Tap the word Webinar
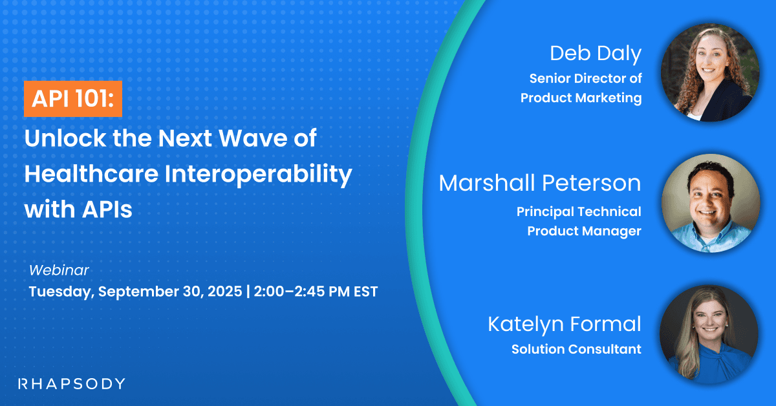tap(59, 270)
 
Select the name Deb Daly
tap(595, 54)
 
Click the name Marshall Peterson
tap(539, 183)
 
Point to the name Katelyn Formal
tap(565, 324)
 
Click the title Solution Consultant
tap(576, 349)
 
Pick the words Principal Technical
tap(579, 211)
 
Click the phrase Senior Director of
tap(585, 79)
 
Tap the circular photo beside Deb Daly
tap(709, 73)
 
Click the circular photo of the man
tap(709, 203)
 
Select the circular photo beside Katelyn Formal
tap(709, 335)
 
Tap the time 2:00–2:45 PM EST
tap(317, 292)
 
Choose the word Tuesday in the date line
tap(61, 292)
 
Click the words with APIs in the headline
tap(78, 209)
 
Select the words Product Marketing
tap(581, 98)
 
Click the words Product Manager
tap(584, 231)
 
